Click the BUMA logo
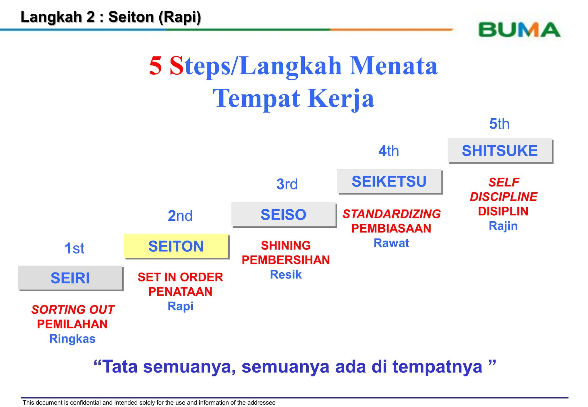tap(519, 30)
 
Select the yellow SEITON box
tap(176, 246)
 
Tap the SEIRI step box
tap(70, 278)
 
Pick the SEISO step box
tap(283, 215)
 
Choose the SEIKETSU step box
tap(389, 181)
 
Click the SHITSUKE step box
tap(500, 151)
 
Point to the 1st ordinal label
tap(74, 248)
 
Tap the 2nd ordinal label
tap(180, 216)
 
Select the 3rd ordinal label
tap(287, 184)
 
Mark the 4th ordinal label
tap(388, 151)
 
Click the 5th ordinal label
tap(499, 124)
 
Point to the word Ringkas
tap(72, 339)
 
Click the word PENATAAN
tap(180, 292)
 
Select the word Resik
tap(286, 275)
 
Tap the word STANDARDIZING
tap(392, 214)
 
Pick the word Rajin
tap(503, 226)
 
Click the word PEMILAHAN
tap(72, 324)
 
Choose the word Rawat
tap(391, 243)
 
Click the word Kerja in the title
tap(341, 98)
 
